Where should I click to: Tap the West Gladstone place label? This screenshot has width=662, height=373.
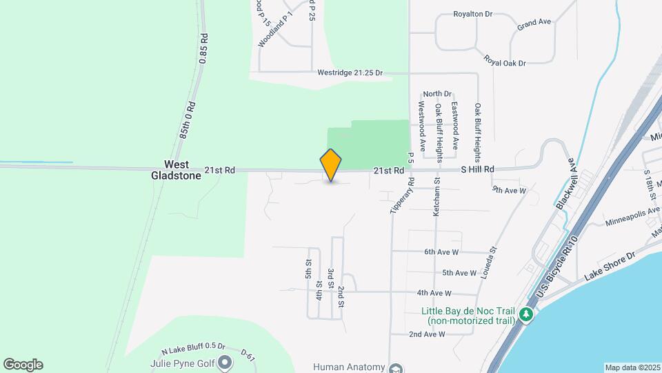176,170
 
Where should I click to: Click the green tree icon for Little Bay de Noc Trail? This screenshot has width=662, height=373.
527,315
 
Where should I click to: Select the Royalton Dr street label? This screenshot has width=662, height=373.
472,14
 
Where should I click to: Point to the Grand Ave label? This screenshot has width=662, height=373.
534,23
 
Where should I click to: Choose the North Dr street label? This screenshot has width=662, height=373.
437,94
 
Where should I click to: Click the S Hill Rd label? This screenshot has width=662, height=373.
478,169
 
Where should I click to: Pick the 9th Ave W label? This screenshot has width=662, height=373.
509,189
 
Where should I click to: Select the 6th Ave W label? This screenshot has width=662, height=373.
441,252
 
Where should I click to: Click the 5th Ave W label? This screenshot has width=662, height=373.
459,273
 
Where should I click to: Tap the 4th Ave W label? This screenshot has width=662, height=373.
434,293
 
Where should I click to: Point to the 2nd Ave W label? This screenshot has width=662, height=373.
426,334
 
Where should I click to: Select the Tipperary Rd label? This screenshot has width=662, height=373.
401,195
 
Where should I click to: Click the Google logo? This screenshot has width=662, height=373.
23,365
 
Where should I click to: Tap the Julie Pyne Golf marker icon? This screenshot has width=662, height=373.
225,362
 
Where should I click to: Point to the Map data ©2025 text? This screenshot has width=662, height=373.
632,367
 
